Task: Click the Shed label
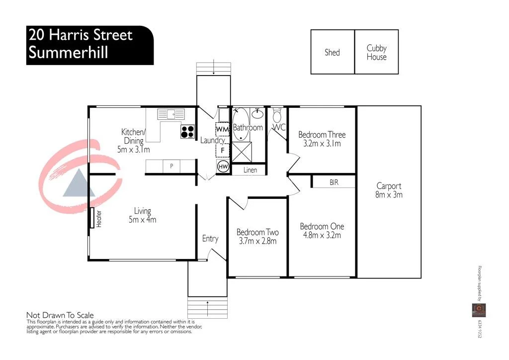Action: coord(332,52)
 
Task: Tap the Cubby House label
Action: coord(376,52)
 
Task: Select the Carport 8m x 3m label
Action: coord(389,190)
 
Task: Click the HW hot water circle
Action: coord(223,167)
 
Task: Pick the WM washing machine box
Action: coord(222,129)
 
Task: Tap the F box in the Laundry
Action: coord(223,149)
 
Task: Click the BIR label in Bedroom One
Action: coord(334,182)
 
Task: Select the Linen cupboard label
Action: coord(251,170)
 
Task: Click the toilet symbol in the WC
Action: coord(277,116)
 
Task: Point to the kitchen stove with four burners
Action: coord(187,132)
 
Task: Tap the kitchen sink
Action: coord(170,114)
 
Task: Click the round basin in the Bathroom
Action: coord(257,114)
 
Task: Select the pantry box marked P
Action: coord(171,166)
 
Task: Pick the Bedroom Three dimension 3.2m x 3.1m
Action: coord(322,144)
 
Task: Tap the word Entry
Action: coord(210,239)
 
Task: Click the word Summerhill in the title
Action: coord(68,52)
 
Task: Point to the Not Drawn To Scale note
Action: coord(60,315)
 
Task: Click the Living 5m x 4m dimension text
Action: coord(142,219)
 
